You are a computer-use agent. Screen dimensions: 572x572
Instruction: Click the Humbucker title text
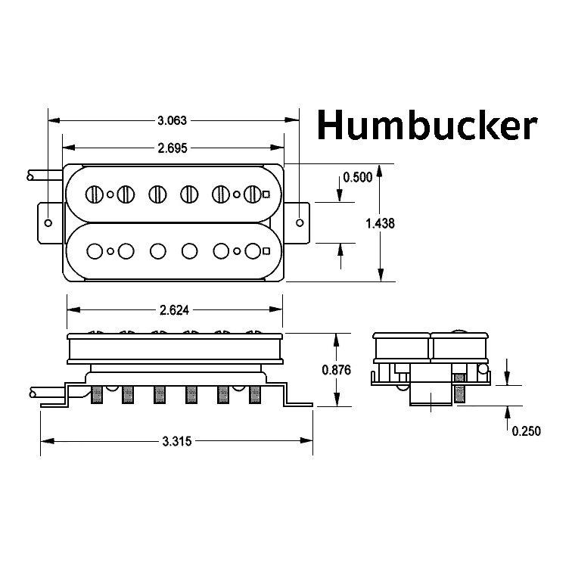click(427, 125)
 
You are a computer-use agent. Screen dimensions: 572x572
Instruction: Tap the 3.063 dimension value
click(172, 120)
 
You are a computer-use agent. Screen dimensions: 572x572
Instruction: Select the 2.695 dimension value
click(173, 148)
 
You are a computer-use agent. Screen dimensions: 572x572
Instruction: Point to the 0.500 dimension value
click(357, 177)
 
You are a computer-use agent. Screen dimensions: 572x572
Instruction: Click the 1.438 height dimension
click(380, 223)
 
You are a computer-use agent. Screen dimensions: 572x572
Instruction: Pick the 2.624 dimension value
click(174, 310)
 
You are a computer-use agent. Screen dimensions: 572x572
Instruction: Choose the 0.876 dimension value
click(336, 370)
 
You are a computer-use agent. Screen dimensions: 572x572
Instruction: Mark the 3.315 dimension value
click(177, 441)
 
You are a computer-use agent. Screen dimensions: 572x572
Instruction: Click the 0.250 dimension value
click(526, 431)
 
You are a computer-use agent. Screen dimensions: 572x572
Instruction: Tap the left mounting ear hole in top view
click(48, 223)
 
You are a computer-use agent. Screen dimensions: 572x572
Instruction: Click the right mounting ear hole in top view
click(300, 222)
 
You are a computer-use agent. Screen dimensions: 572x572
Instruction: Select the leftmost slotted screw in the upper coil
click(95, 194)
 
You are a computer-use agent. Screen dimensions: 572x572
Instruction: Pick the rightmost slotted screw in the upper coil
click(253, 194)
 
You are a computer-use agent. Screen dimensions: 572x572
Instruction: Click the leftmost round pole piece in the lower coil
click(95, 251)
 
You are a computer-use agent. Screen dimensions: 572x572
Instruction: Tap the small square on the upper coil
click(266, 194)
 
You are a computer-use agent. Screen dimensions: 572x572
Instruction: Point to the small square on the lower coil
click(266, 251)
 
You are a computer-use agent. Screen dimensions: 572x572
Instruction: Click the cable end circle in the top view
click(30, 177)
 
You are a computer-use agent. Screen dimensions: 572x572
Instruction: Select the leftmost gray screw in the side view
click(97, 395)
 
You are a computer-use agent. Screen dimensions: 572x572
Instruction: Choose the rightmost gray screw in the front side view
click(255, 395)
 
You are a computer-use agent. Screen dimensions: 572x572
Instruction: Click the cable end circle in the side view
click(33, 393)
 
